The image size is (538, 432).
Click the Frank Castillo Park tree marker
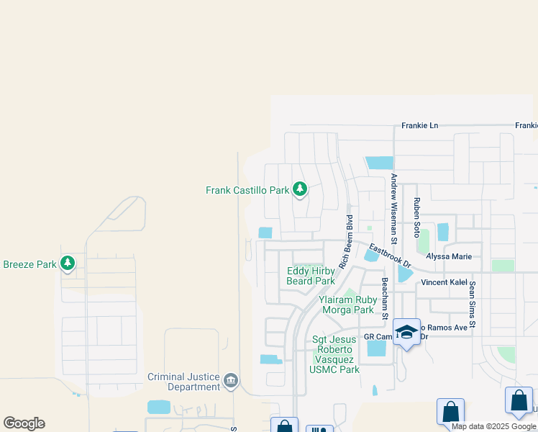300,190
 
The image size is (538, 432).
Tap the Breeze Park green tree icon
68,264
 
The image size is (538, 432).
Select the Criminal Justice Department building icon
231,381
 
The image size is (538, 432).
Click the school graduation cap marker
406,332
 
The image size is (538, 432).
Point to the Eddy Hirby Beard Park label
311,276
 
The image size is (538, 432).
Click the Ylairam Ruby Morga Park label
347,305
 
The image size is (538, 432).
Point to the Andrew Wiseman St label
393,207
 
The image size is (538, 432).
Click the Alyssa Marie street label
449,256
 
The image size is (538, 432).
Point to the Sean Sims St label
473,305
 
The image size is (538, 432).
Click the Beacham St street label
385,300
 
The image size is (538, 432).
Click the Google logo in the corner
24,423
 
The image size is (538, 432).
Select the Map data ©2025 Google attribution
493,426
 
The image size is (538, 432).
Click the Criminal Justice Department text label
183,382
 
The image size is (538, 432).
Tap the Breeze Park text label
29,264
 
